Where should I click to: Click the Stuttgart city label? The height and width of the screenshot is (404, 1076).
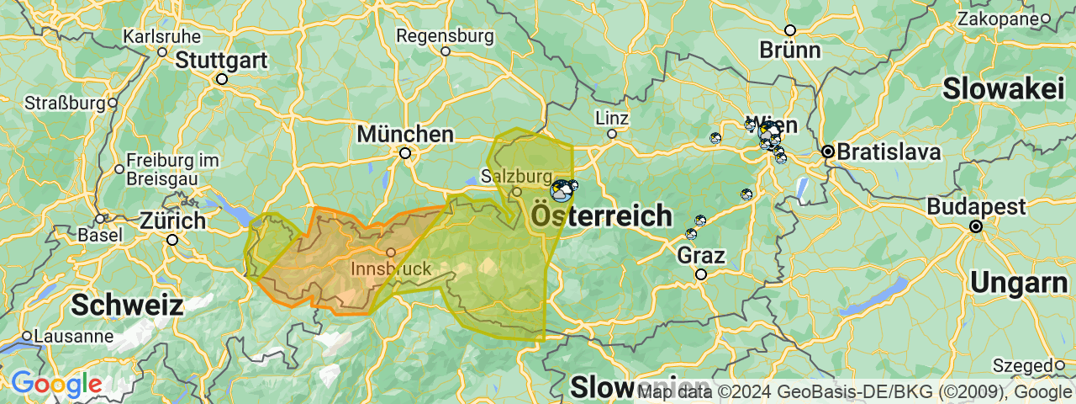(222, 61)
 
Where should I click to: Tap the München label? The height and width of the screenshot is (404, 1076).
(405, 135)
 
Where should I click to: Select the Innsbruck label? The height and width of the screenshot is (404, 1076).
(390, 269)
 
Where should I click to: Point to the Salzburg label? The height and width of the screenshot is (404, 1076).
(515, 177)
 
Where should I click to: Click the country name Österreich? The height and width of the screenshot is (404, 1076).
(601, 216)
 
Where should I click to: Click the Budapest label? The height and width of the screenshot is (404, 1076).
(976, 207)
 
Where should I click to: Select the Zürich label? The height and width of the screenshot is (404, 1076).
(173, 221)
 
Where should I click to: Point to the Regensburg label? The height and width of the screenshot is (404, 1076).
(445, 36)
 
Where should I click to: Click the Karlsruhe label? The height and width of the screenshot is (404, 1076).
(162, 36)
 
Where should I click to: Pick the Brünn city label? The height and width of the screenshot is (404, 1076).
(789, 50)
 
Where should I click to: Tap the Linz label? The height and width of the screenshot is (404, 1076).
(611, 117)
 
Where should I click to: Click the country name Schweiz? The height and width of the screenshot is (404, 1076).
(127, 305)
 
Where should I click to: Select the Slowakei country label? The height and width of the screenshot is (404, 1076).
(1008, 88)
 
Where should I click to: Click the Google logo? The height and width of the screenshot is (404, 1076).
(55, 385)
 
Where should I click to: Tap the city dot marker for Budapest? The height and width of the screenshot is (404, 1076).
(976, 226)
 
